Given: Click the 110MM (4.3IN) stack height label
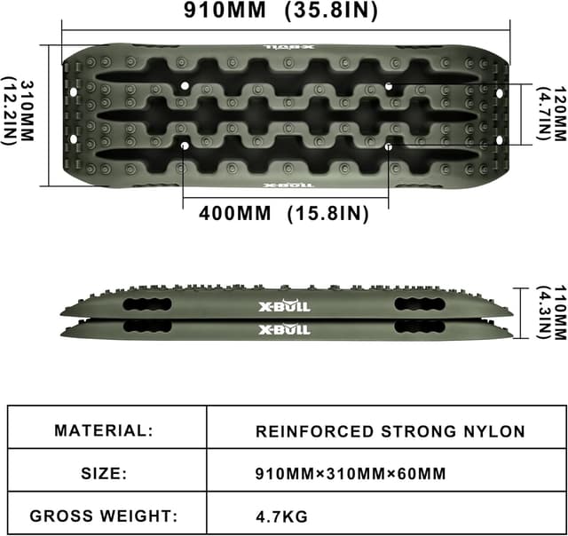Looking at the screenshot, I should tap(550, 311).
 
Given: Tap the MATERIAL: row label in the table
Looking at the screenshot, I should tap(104, 431).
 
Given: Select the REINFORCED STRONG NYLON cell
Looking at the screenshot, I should tap(390, 432).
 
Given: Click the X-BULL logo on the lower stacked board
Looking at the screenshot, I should tap(284, 330).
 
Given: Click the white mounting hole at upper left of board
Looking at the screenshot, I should tap(184, 86).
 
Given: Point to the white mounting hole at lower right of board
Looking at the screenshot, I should tap(389, 146).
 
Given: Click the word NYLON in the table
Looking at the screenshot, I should tap(497, 432).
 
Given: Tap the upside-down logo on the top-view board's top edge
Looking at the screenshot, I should tap(284, 50).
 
